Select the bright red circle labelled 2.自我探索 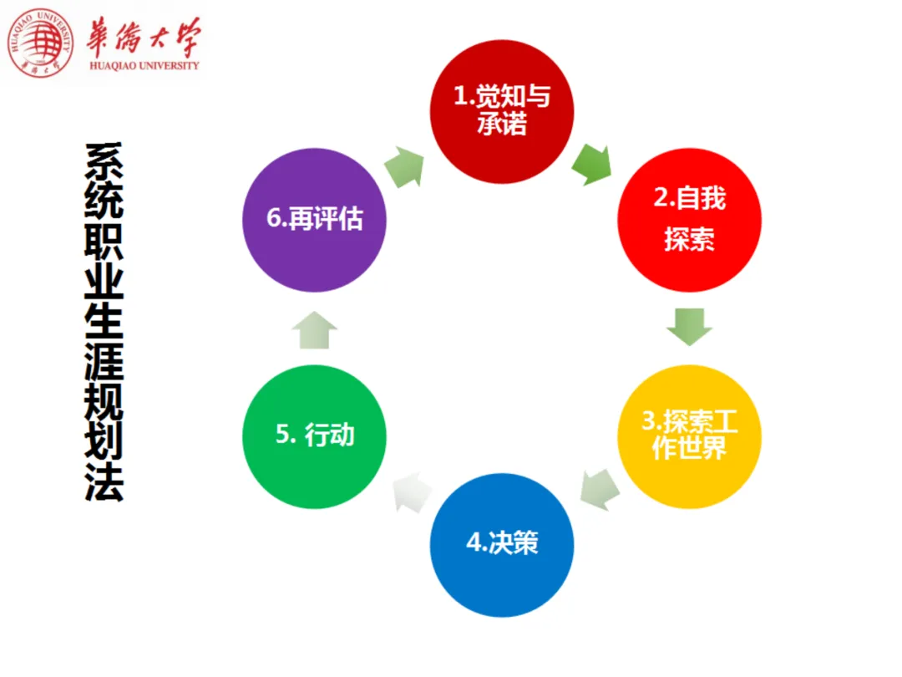point(689,220)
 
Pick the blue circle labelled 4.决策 point(502,544)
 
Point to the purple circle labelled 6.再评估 point(314,220)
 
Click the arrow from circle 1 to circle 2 point(592,164)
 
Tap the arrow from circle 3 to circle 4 point(600,488)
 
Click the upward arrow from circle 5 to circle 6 point(314,329)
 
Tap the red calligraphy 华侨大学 point(143,35)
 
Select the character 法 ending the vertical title point(104,482)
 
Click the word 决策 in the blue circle point(514,543)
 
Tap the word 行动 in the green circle point(330,435)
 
